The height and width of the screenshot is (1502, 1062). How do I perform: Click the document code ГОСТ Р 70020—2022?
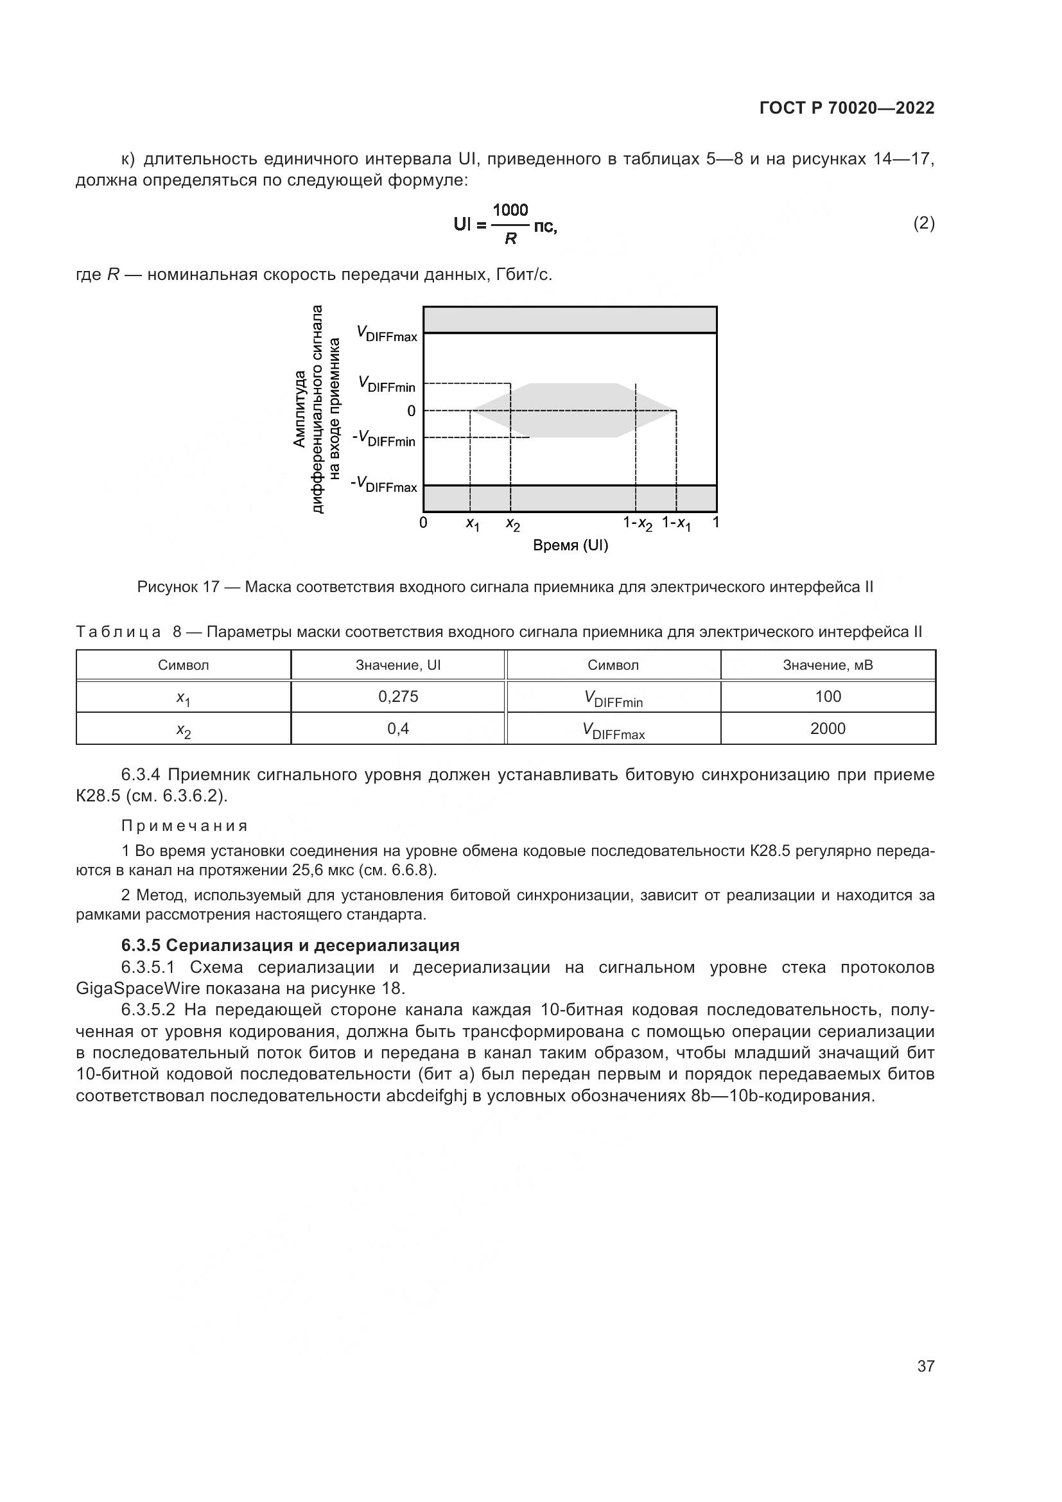click(x=847, y=109)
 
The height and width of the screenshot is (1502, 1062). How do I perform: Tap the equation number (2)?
click(x=923, y=223)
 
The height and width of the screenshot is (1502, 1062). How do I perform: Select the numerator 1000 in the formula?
click(x=510, y=210)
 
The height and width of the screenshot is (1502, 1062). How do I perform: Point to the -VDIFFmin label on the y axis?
click(x=384, y=439)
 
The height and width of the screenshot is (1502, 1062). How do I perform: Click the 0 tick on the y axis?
click(x=412, y=411)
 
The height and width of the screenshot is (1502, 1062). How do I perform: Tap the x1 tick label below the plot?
click(x=472, y=524)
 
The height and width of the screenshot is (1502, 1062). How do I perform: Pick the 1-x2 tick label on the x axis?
click(x=638, y=524)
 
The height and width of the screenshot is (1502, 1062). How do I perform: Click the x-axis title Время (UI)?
click(x=570, y=546)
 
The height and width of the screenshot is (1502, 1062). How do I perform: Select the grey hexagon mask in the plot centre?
click(x=573, y=410)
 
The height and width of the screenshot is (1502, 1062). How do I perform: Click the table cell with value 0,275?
click(x=398, y=697)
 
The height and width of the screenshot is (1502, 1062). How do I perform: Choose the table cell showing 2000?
click(x=828, y=729)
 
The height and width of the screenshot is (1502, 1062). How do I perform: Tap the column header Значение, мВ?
click(x=828, y=665)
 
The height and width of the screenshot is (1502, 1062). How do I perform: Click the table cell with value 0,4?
click(x=398, y=729)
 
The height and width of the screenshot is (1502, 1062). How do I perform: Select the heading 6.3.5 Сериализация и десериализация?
click(x=290, y=945)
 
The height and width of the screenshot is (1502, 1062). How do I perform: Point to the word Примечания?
click(x=185, y=826)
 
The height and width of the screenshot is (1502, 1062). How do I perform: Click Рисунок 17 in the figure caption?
click(x=178, y=587)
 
